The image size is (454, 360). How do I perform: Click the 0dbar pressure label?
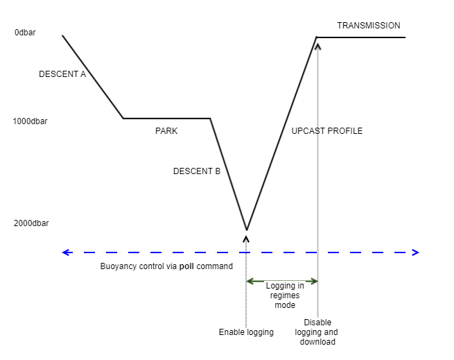click(x=25, y=33)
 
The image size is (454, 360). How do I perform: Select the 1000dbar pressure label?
click(x=30, y=121)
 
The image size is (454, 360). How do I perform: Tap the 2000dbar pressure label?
click(x=30, y=223)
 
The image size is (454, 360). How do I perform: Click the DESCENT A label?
click(x=62, y=74)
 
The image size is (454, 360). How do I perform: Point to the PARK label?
click(x=166, y=130)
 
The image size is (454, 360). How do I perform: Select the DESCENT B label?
click(x=197, y=171)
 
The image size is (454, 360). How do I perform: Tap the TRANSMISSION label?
click(x=369, y=26)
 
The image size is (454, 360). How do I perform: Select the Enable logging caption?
click(x=246, y=332)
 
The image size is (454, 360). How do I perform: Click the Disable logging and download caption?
click(x=318, y=332)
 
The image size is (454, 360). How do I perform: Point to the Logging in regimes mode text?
click(x=286, y=295)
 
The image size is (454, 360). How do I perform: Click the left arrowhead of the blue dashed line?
click(x=66, y=252)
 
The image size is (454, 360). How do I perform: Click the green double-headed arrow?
click(x=282, y=281)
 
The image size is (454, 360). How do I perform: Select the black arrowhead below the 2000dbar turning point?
click(x=246, y=238)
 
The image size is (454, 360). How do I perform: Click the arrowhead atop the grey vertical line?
click(x=318, y=46)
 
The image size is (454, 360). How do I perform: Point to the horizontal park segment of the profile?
click(x=166, y=119)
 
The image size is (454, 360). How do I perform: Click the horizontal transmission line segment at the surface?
click(x=360, y=37)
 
